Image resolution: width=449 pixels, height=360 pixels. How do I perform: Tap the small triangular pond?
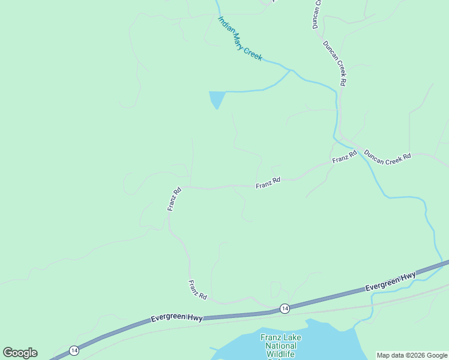click(x=216, y=99)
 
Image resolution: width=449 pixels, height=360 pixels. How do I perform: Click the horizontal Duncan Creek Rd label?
click(x=387, y=155)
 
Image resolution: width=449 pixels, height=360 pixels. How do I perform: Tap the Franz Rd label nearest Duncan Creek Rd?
click(x=345, y=157)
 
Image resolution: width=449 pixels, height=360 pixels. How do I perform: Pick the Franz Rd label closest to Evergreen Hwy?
click(x=197, y=290)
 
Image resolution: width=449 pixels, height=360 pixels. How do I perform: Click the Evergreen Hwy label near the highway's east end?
click(x=391, y=282)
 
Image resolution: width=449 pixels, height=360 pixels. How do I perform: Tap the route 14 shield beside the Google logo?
click(x=74, y=350)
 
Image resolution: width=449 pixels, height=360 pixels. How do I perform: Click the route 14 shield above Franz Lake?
click(x=285, y=308)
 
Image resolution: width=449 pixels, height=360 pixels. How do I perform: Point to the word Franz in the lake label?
click(x=271, y=337)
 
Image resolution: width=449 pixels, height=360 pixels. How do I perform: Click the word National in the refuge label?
click(x=281, y=346)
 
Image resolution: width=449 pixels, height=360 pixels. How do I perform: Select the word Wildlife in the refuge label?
click(x=281, y=354)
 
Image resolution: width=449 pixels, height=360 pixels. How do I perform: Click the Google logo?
click(x=20, y=353)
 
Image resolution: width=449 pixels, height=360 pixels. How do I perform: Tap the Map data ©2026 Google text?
click(x=411, y=355)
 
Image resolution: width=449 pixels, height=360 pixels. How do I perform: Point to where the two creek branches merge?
click(x=291, y=70)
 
